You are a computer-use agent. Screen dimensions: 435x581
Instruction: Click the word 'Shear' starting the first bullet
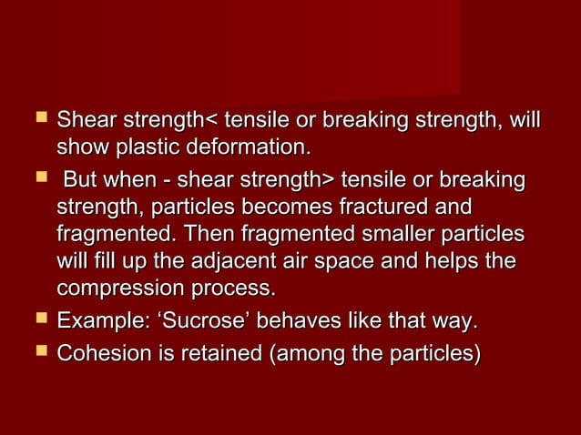coord(84,120)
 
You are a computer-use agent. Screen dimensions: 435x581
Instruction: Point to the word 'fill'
coord(102,262)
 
